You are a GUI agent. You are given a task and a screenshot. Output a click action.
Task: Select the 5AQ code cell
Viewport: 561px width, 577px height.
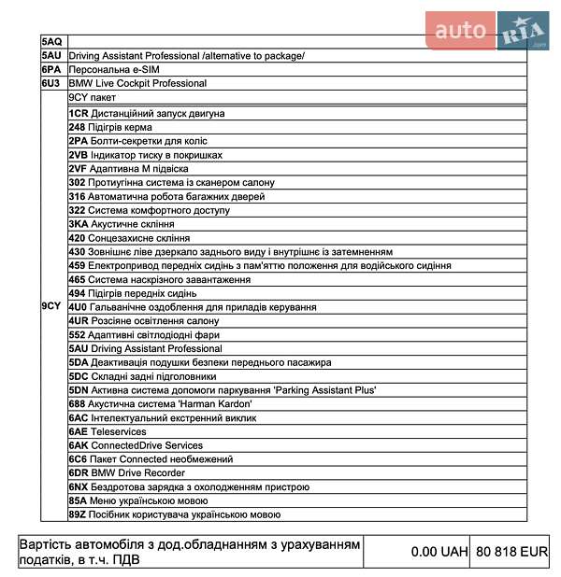pos(51,42)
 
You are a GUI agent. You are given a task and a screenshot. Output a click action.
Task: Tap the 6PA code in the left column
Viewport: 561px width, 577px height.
pos(51,69)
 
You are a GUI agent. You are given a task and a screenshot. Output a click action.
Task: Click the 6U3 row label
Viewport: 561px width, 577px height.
pos(51,83)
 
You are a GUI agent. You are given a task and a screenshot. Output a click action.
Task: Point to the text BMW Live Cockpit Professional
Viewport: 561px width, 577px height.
pos(137,83)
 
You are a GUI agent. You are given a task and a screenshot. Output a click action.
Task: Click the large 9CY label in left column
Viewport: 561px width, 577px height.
pos(51,305)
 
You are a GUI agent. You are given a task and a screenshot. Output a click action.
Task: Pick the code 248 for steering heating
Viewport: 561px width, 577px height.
pos(78,127)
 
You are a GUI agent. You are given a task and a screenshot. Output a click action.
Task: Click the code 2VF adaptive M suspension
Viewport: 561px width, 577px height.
pos(79,169)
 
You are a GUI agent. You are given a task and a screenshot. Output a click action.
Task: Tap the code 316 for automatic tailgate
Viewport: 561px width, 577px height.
pos(78,196)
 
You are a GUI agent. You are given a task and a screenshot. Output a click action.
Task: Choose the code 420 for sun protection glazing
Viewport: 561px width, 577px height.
pos(78,238)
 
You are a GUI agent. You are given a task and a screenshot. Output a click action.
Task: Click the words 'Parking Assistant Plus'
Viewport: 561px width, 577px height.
pos(324,389)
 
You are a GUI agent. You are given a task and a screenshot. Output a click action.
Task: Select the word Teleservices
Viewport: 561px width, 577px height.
pos(118,431)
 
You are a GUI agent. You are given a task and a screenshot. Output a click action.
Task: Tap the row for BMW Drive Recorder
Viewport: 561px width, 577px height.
pos(127,472)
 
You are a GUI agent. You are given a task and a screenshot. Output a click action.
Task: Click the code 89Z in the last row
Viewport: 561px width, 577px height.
pos(78,514)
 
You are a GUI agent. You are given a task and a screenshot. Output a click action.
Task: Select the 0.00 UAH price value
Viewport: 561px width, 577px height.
pos(439,552)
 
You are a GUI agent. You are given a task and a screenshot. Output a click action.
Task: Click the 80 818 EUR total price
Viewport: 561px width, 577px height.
pos(511,552)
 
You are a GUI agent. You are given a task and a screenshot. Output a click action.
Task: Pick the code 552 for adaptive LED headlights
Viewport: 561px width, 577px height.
pos(78,334)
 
